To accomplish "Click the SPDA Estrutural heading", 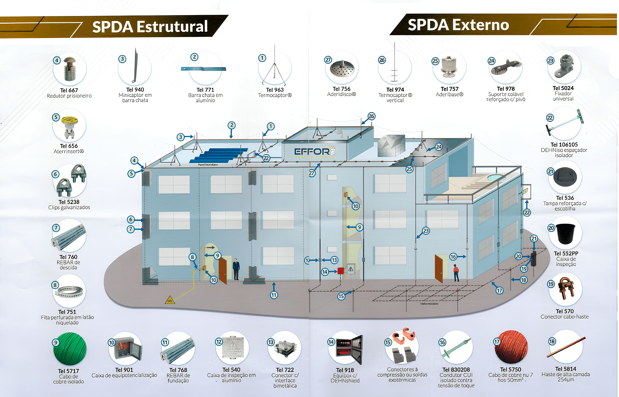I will click(150, 27).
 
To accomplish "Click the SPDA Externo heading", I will click(458, 25).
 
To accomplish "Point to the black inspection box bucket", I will click(565, 233).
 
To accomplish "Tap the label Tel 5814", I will click(566, 369).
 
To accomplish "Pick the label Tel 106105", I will click(564, 145).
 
